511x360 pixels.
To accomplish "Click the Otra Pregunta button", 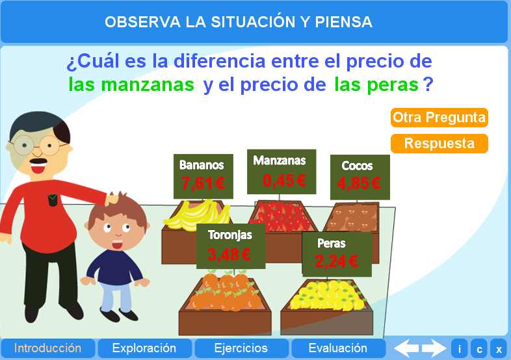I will pos(439,118).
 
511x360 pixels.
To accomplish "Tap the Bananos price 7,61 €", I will pos(203,184).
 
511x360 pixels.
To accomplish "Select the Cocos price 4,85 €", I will pos(359,183).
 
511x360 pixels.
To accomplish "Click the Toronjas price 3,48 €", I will pos(229,254).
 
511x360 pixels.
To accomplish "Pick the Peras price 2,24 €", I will pos(336,261).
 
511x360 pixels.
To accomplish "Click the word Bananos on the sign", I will pos(202,165).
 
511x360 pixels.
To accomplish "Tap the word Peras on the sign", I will pos(332,244).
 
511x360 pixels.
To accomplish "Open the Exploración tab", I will pos(144,348).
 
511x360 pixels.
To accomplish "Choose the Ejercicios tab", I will pos(241,348).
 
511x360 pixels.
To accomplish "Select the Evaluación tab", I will pos(337,348).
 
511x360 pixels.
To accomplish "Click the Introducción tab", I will pos(47,348).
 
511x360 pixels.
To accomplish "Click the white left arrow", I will pos(407,348).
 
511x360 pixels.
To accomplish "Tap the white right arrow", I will pos(434,348).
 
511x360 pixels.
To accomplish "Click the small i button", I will pos(459,349).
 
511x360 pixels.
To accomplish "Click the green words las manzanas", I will pos(131,84).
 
